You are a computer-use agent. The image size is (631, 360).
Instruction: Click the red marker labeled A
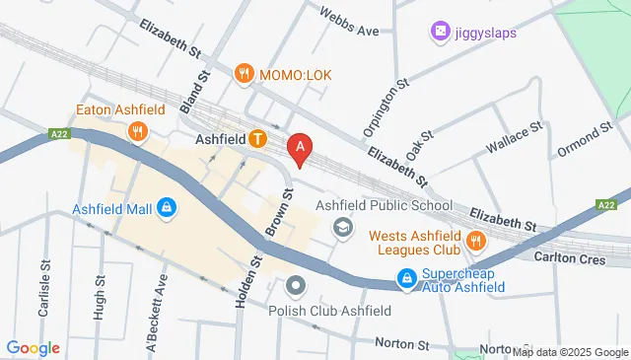tap(301, 148)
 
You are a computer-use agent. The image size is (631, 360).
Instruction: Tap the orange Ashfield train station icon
tap(257, 139)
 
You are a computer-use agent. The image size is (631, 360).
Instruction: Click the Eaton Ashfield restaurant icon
tap(138, 130)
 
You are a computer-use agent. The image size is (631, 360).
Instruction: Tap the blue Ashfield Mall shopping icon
tap(167, 208)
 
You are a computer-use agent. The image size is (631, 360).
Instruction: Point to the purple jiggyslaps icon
tap(440, 33)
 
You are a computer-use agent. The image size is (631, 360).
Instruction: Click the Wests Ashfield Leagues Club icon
tap(476, 239)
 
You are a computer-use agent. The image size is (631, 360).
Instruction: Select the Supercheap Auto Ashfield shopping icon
tap(405, 280)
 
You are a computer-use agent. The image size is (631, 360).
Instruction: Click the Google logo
tap(34, 347)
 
